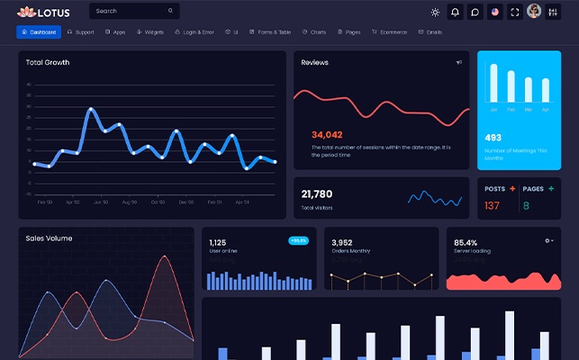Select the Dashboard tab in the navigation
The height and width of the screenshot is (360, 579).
[39, 32]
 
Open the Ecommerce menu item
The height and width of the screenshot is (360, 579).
[389, 32]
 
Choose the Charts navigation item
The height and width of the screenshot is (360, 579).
[314, 32]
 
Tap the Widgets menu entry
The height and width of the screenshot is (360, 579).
[150, 32]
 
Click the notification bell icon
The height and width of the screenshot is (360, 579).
[456, 12]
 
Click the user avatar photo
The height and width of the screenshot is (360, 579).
[533, 12]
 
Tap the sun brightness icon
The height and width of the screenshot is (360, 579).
[436, 12]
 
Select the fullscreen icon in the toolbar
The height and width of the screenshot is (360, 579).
[514, 12]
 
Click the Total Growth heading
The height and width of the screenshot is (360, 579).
[48, 63]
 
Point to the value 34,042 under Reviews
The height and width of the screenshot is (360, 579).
[327, 134]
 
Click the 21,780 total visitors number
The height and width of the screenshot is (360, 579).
[317, 193]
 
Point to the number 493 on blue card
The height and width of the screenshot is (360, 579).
[493, 138]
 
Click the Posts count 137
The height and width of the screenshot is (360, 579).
[492, 206]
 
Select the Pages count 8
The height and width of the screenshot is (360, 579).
[526, 206]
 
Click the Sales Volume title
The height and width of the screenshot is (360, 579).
[49, 238]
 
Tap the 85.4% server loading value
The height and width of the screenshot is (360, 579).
[466, 243]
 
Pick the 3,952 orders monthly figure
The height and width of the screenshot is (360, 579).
[342, 243]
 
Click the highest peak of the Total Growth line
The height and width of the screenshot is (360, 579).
[91, 110]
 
